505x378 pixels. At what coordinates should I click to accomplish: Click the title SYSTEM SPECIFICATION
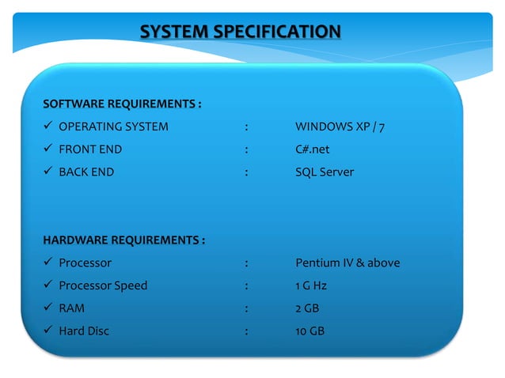(x=241, y=32)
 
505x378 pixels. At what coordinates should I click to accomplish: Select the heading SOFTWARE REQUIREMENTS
(x=122, y=104)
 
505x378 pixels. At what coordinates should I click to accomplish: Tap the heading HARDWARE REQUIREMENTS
(x=123, y=240)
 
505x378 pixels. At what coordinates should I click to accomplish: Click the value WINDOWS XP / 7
(x=340, y=127)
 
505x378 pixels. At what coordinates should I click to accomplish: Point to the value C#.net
(x=312, y=149)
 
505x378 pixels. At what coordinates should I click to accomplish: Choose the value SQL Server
(x=325, y=172)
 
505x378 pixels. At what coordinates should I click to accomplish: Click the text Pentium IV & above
(x=347, y=263)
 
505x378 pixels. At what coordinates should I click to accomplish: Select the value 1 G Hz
(x=311, y=285)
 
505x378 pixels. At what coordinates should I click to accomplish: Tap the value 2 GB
(x=306, y=308)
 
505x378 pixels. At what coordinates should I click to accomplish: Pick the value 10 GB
(x=309, y=331)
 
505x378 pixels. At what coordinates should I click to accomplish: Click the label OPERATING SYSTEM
(x=113, y=127)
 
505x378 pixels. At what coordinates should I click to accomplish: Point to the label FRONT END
(x=90, y=149)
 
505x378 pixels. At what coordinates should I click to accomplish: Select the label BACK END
(x=86, y=172)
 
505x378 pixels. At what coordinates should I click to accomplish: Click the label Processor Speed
(x=103, y=285)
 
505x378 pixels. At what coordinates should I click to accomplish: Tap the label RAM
(x=72, y=308)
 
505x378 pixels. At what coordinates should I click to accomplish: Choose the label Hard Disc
(x=84, y=331)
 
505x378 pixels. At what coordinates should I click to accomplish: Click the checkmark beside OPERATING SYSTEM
(x=48, y=127)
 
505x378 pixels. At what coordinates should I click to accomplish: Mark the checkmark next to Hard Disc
(x=48, y=331)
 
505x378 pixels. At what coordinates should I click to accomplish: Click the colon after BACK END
(x=248, y=172)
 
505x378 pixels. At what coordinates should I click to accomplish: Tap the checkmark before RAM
(x=48, y=308)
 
